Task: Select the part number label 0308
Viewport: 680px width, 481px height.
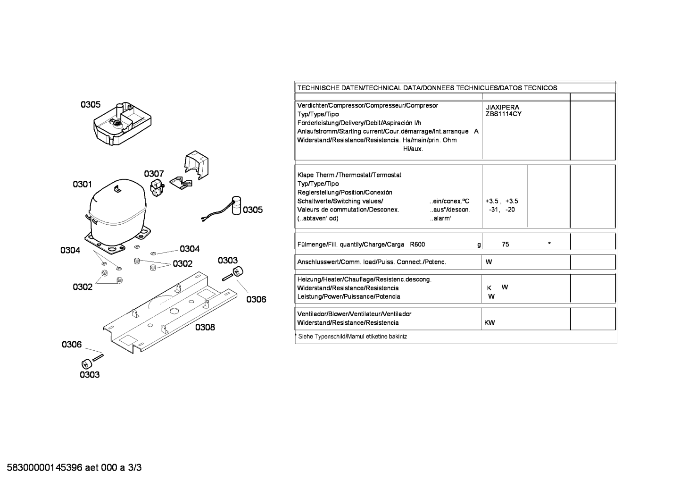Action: [x=205, y=327]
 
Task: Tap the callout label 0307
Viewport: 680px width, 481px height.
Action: [x=154, y=174]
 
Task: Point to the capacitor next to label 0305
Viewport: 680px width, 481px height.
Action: [x=236, y=205]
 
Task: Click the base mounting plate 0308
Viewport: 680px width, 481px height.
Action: [x=170, y=313]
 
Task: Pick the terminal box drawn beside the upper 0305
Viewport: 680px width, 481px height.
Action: [x=122, y=123]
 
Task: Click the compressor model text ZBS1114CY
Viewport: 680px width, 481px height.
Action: [x=503, y=114]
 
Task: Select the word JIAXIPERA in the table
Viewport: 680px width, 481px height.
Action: [x=502, y=107]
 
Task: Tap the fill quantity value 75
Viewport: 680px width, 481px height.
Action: [x=506, y=245]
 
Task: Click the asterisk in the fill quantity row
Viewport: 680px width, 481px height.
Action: [x=549, y=244]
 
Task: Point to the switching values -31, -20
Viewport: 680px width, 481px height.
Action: [x=502, y=210]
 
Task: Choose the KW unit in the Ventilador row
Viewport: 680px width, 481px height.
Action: [x=489, y=323]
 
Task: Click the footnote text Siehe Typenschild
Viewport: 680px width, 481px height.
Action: [x=322, y=337]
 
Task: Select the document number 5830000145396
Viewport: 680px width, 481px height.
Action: [x=44, y=468]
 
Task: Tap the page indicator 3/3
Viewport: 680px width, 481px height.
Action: [x=134, y=468]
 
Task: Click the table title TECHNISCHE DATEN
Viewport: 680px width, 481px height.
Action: [x=330, y=88]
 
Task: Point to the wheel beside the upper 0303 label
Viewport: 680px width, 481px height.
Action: [x=238, y=271]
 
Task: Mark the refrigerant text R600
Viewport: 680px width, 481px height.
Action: [x=417, y=245]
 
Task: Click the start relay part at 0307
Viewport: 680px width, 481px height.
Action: [x=157, y=187]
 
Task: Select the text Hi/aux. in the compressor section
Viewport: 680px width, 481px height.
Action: [x=413, y=149]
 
